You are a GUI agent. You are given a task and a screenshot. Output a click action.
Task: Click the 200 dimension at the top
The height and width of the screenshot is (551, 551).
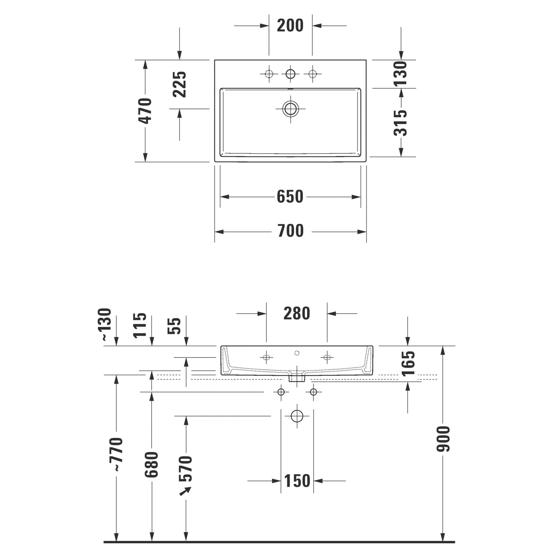tap(290, 26)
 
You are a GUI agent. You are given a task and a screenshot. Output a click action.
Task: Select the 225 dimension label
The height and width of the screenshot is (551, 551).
tap(180, 84)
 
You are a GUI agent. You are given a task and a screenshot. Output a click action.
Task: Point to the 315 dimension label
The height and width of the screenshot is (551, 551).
tap(401, 123)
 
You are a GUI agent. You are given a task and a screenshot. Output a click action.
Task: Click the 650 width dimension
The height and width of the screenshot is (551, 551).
tap(290, 197)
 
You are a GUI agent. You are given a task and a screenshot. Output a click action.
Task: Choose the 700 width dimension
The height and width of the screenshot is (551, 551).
tap(290, 231)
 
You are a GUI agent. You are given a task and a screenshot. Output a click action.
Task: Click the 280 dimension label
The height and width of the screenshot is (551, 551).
tap(297, 313)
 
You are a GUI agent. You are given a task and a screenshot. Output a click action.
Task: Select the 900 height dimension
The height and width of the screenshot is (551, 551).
tap(443, 439)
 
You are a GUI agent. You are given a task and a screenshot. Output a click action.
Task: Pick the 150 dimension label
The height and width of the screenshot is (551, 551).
tap(297, 480)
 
